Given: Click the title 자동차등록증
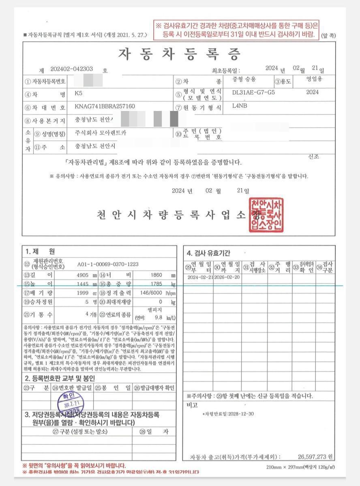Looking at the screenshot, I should [x=179, y=53].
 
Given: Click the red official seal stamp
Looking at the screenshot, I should [x=266, y=215].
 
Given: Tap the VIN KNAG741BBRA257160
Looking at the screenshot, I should [x=105, y=107].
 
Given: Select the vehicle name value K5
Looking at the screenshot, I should [x=79, y=93].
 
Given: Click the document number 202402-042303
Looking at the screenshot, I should [x=72, y=69].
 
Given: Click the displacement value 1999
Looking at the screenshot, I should [x=83, y=293].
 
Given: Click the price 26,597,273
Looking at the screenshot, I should [x=312, y=456].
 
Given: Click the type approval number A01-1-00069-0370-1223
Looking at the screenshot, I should [x=107, y=264].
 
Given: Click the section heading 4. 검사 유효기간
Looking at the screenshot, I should [x=208, y=253].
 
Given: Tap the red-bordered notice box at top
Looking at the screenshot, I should [x=236, y=30].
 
